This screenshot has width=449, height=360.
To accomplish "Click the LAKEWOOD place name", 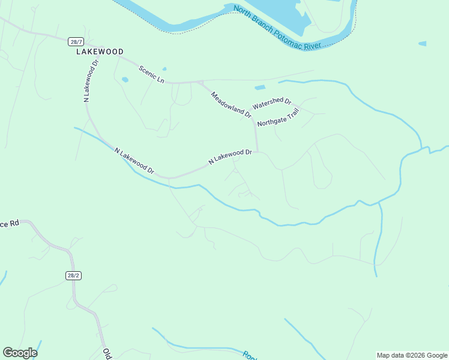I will (100, 52).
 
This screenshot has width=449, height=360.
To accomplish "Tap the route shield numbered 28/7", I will (76, 42).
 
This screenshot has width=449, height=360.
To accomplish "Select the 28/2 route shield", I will (73, 275).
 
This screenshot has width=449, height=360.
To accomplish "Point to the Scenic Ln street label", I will (151, 74).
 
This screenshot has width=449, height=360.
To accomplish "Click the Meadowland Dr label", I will (231, 104).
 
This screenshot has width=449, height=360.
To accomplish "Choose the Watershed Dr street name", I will (271, 104).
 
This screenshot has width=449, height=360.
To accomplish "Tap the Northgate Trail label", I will (277, 118).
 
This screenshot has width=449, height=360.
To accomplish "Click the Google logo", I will (20, 353).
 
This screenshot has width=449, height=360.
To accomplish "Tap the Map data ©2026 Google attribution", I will (412, 355).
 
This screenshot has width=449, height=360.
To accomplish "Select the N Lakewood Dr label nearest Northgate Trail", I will (229, 157).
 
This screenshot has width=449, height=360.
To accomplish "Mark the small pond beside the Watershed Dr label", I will (260, 88).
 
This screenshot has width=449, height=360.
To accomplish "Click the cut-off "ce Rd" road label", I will (10, 224).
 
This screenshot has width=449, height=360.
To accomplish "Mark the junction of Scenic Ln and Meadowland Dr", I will (200, 82).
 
